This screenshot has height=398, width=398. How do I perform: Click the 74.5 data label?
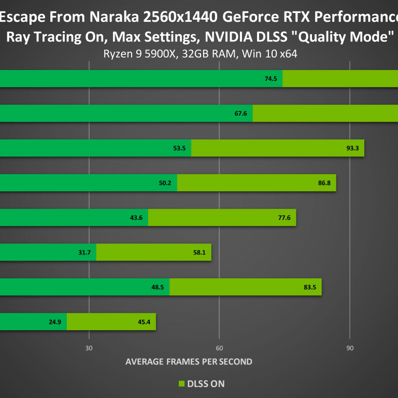pyautogui.click(x=271, y=79)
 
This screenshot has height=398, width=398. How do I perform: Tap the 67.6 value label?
pyautogui.click(x=240, y=113)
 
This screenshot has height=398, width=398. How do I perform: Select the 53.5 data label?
pyautogui.click(x=179, y=148)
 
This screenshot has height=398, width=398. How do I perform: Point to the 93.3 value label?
pyautogui.click(x=352, y=148)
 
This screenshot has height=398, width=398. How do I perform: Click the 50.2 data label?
pyautogui.click(x=165, y=183)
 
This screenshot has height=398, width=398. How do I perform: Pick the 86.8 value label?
pyautogui.click(x=324, y=183)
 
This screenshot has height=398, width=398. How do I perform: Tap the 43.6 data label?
pyautogui.click(x=136, y=218)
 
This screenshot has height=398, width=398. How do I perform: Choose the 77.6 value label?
pyautogui.click(x=284, y=218)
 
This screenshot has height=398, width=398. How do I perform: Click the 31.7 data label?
pyautogui.click(x=84, y=252)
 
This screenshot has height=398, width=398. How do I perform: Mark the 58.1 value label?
pyautogui.click(x=200, y=252)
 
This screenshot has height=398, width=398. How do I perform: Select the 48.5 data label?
pyautogui.click(x=158, y=287)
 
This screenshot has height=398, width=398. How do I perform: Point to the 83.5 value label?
pyautogui.click(x=310, y=287)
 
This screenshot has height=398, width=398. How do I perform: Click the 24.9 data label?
pyautogui.click(x=55, y=322)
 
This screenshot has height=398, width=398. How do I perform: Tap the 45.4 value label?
pyautogui.click(x=144, y=322)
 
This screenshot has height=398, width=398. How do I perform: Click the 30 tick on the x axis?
pyautogui.click(x=89, y=348)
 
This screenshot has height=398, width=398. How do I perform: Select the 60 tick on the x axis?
pyautogui.click(x=219, y=348)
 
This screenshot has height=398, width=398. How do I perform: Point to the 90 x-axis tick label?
pyautogui.click(x=350, y=348)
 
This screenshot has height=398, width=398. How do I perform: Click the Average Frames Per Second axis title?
pyautogui.click(x=189, y=362)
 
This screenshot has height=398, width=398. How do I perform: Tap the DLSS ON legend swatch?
pyautogui.click(x=181, y=384)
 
